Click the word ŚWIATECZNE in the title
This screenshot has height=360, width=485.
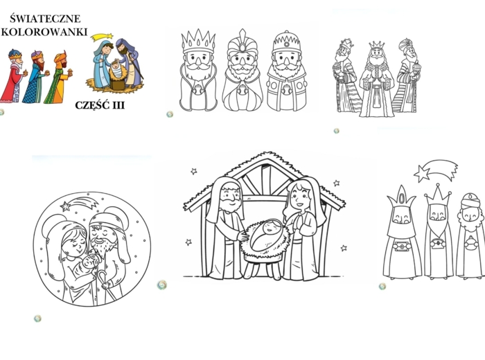[45, 18]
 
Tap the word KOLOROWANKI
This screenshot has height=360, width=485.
[44, 32]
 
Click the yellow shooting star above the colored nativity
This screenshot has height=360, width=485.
[101, 37]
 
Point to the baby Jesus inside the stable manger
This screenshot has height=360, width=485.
[266, 235]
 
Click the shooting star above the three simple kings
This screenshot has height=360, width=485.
[436, 170]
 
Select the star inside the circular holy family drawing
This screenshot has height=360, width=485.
[65, 206]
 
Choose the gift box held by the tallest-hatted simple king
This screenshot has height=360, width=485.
[402, 246]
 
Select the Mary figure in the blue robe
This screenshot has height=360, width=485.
[103, 65]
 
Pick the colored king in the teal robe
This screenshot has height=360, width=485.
[36, 78]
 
